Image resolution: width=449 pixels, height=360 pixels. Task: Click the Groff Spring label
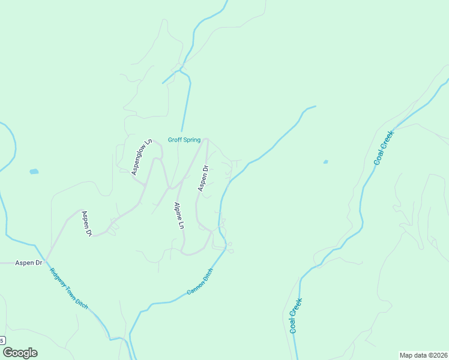184,140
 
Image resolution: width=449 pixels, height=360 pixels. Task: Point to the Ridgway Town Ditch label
68,289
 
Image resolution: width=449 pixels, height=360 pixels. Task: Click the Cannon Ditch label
200,281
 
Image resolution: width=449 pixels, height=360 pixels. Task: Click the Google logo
20,353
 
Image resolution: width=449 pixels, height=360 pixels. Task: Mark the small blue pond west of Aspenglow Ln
34,172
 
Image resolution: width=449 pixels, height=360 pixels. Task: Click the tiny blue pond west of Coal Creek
325,161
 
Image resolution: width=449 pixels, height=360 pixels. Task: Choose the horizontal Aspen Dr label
29,263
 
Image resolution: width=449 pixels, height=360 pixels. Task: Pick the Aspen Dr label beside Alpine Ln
203,178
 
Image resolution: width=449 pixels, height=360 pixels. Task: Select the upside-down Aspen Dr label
87,223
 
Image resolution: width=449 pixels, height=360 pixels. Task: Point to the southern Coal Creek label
295,316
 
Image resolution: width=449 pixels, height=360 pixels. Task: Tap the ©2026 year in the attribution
436,355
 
